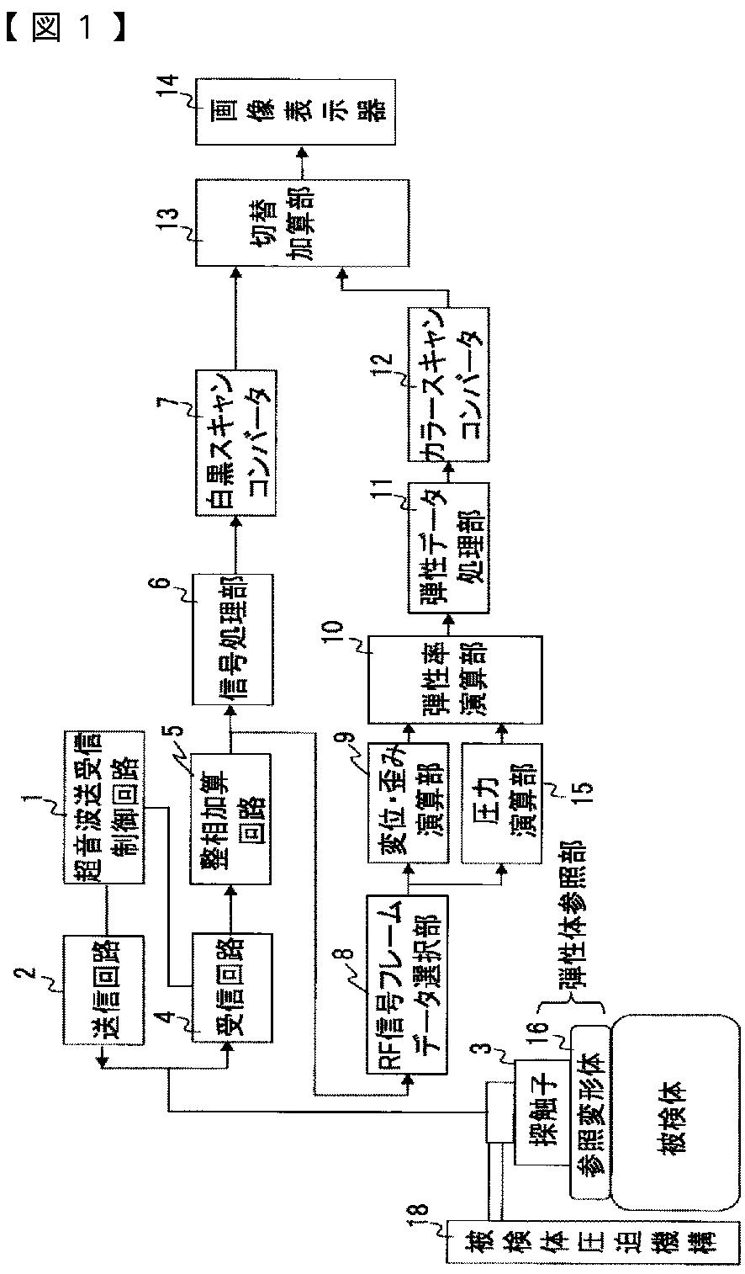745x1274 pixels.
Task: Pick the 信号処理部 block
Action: click(232, 640)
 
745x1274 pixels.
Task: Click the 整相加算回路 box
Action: click(231, 819)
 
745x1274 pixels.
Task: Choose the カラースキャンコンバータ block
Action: click(447, 386)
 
